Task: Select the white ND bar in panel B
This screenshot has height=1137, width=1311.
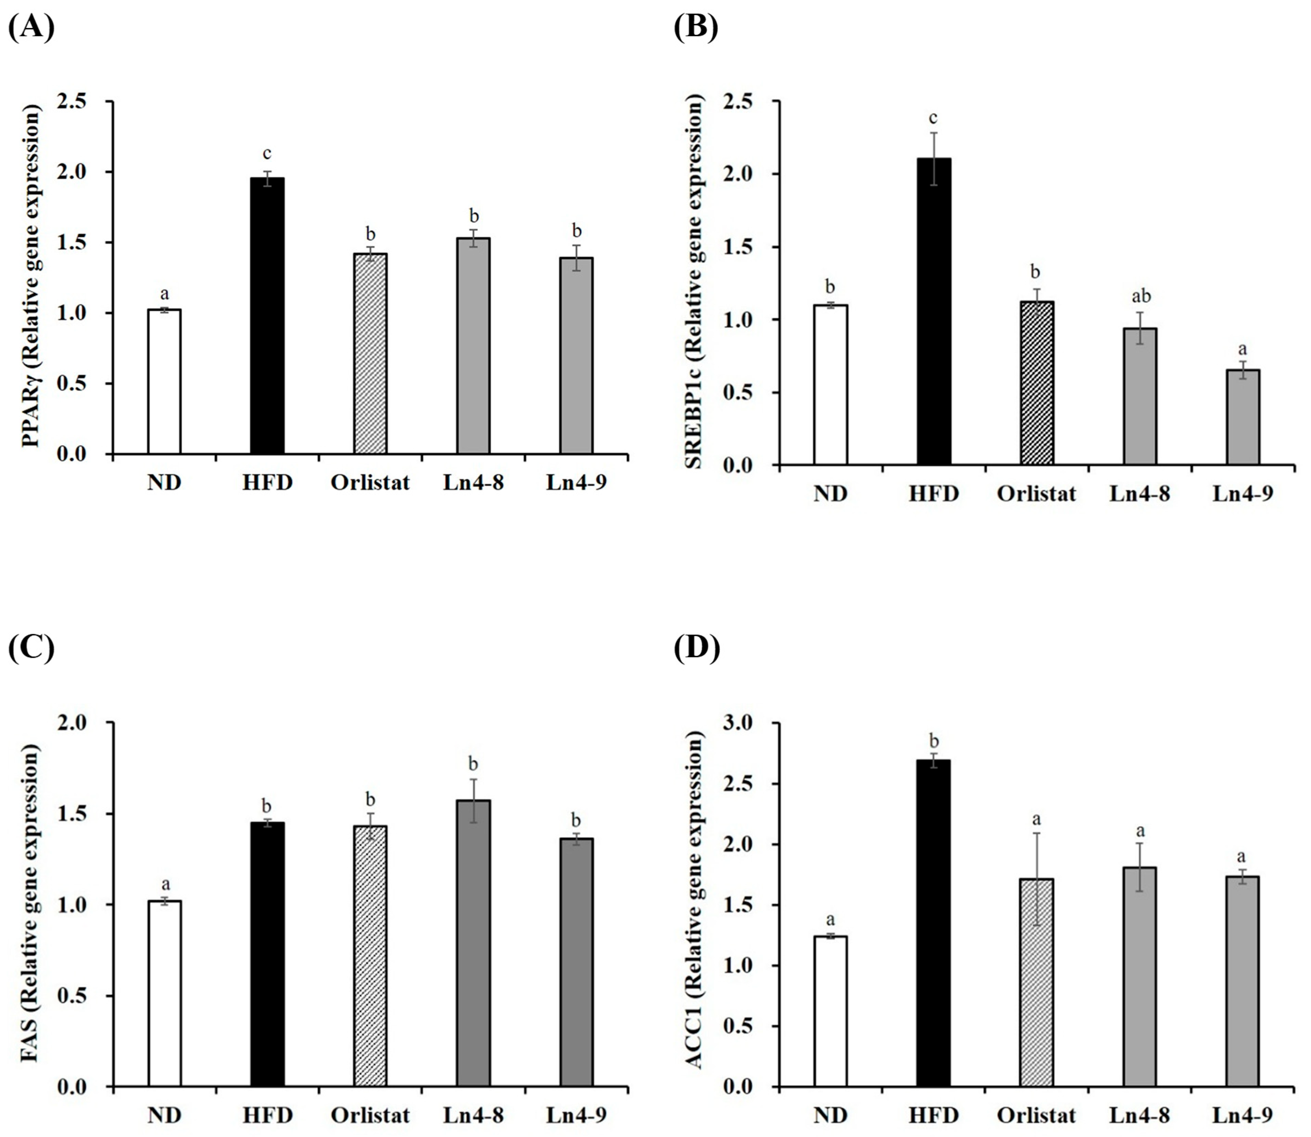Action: [x=831, y=385]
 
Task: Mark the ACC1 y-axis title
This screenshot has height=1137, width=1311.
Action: [x=696, y=904]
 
